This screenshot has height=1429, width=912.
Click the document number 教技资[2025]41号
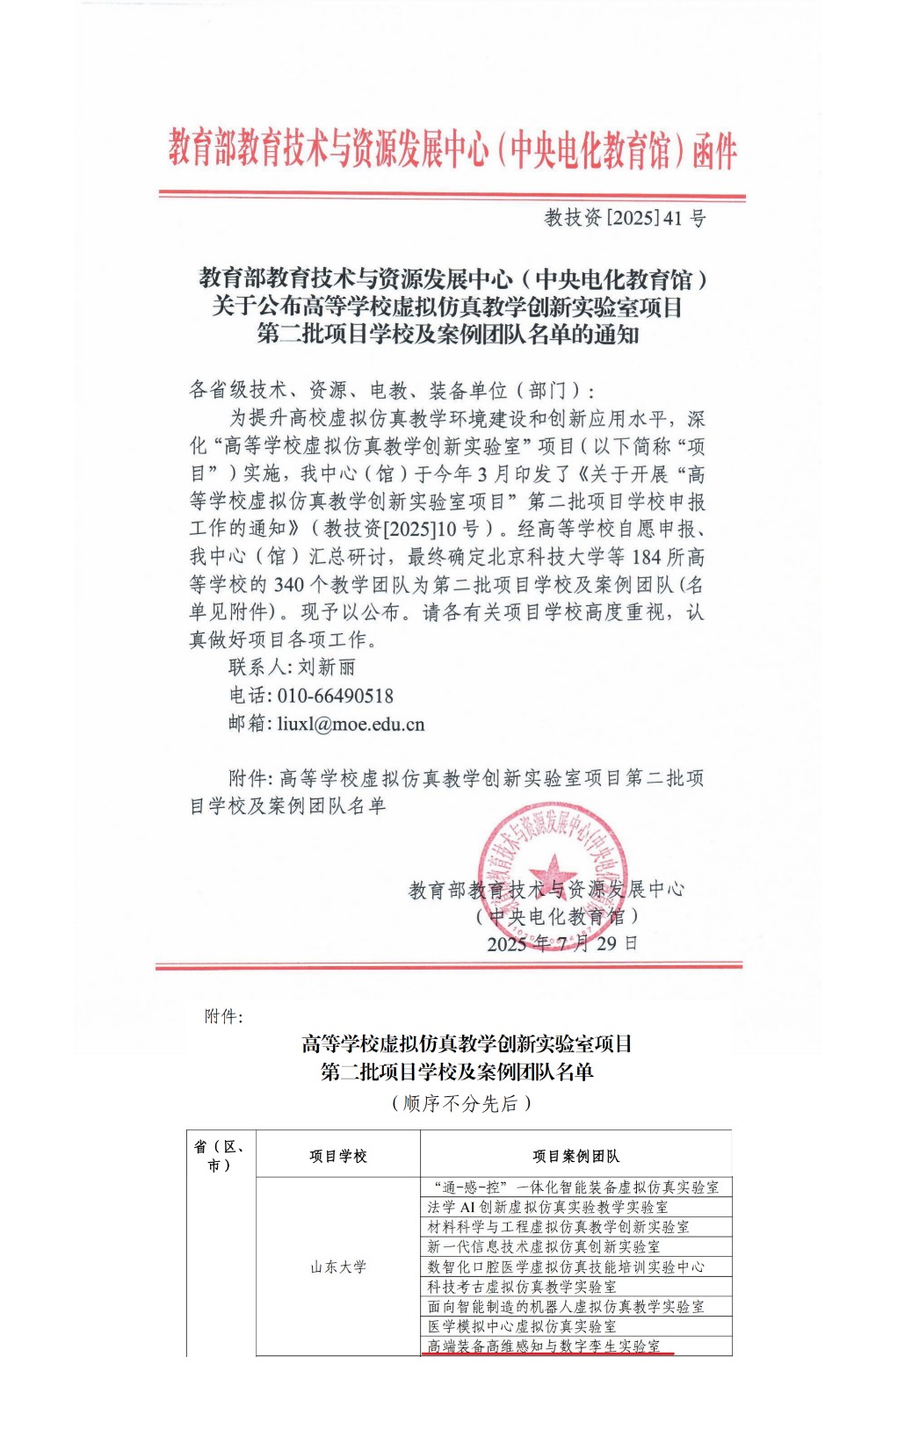(625, 218)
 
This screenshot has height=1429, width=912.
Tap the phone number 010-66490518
(336, 696)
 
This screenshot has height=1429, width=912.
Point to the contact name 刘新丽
(327, 668)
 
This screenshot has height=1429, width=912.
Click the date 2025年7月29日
(562, 944)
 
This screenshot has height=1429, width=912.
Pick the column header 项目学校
(338, 1156)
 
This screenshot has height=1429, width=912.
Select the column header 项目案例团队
(575, 1156)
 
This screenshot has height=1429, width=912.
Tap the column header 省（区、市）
(220, 1156)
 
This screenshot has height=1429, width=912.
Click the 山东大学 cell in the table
(338, 1267)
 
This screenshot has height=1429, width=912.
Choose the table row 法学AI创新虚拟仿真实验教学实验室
(547, 1207)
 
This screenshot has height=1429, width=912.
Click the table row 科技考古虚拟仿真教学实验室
(522, 1287)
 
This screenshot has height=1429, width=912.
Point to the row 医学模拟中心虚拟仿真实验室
(522, 1326)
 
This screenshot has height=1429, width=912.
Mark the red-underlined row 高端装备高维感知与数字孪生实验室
(543, 1346)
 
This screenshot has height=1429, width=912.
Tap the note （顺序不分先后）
(460, 1103)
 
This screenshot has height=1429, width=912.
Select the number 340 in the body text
(289, 585)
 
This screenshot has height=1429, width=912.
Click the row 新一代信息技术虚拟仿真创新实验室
(543, 1246)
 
